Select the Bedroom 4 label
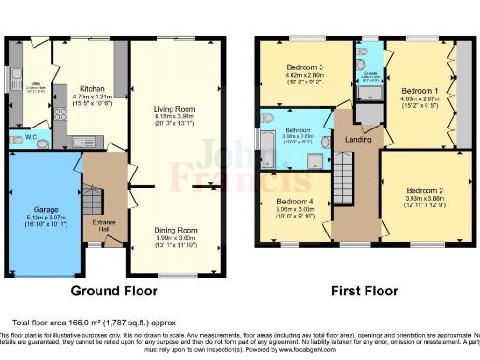293,202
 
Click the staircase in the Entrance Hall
92,200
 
